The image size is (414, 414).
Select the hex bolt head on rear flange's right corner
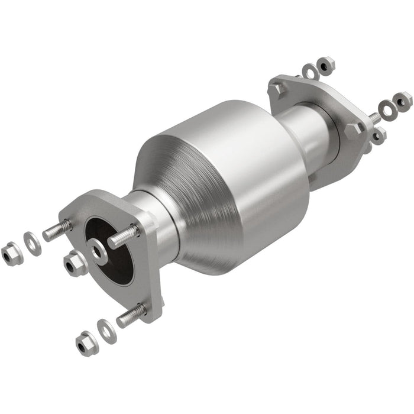tap(354, 130)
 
